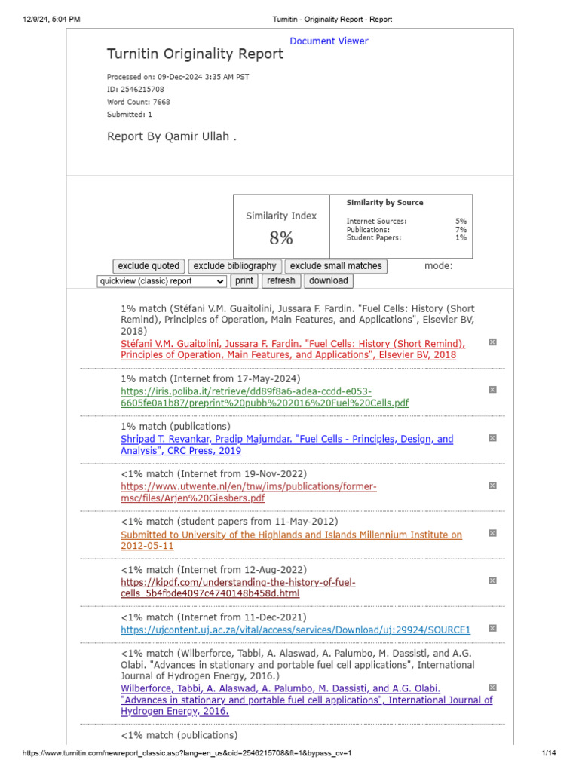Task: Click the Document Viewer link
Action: (x=329, y=41)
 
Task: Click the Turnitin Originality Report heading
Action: (x=195, y=54)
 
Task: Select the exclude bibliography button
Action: (x=235, y=266)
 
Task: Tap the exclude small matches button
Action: (x=336, y=266)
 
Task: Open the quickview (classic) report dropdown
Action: (x=161, y=281)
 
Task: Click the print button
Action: (x=244, y=281)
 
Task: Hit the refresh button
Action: (x=281, y=281)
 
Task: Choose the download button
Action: (x=329, y=281)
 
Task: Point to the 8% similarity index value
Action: (x=281, y=238)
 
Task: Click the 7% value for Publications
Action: (x=461, y=230)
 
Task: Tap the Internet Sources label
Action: (x=376, y=222)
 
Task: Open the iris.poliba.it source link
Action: (x=265, y=397)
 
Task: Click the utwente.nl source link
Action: (x=249, y=492)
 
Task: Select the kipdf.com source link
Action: (x=238, y=588)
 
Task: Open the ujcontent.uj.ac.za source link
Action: (x=296, y=630)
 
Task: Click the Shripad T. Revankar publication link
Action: (x=286, y=445)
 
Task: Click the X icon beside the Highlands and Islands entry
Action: (x=492, y=533)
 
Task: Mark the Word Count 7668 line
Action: (x=139, y=102)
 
